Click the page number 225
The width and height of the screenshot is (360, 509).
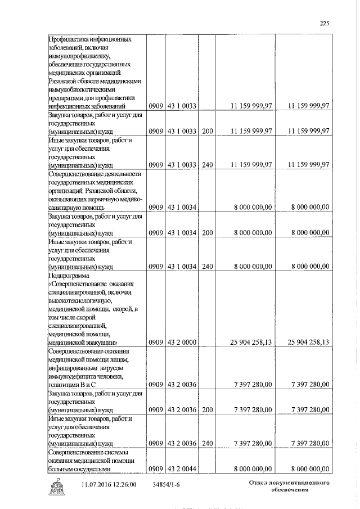click(323, 24)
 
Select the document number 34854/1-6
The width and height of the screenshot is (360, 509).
click(166, 484)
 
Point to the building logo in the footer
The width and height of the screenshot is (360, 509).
click(58, 485)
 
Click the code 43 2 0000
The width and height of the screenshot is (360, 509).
click(181, 341)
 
